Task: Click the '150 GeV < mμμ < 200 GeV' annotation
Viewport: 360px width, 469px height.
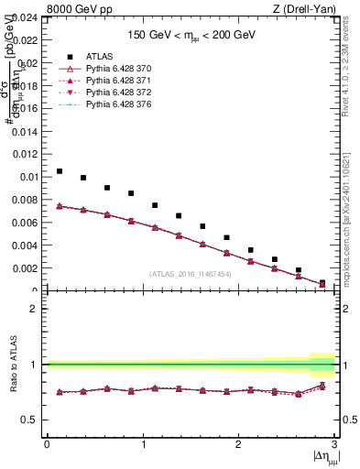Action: click(191, 33)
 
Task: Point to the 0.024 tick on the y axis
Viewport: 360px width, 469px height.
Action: click(26, 17)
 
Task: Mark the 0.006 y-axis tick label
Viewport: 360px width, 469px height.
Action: click(26, 223)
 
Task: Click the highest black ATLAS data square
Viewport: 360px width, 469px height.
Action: click(60, 171)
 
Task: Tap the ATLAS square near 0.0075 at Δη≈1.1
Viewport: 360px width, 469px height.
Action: click(155, 205)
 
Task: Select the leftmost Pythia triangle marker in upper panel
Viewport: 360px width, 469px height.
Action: click(60, 206)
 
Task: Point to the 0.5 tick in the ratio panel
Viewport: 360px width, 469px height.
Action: click(30, 420)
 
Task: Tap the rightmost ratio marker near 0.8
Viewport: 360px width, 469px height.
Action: click(322, 386)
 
